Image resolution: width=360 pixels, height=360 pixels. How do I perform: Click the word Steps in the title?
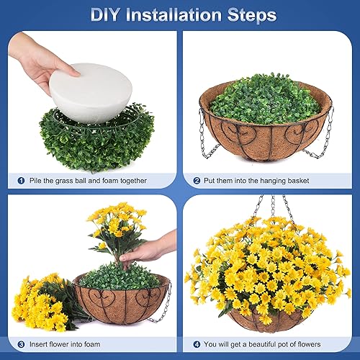251,14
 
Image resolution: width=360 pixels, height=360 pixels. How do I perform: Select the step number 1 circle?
21,180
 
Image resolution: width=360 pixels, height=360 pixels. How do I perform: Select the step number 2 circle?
196,180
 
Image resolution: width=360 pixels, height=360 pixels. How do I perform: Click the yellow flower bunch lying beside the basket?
43,299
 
